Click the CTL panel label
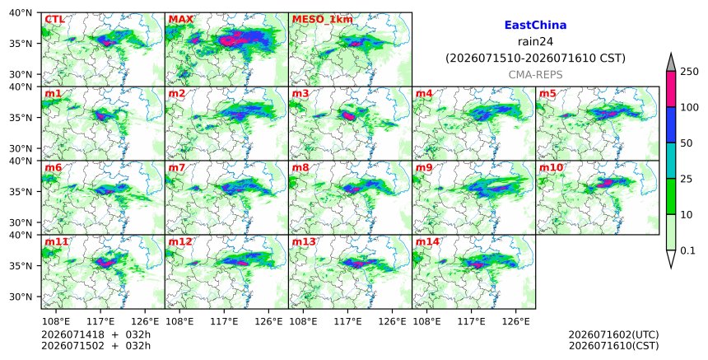(x=54, y=20)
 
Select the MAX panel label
(x=180, y=20)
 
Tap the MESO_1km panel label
(x=323, y=20)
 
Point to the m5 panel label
(x=547, y=93)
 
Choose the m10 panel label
(x=551, y=167)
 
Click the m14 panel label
(x=427, y=241)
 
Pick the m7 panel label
(x=176, y=167)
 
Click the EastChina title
(x=535, y=26)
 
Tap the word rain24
(x=535, y=42)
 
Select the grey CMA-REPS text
(x=535, y=75)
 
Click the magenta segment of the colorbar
(x=670, y=89)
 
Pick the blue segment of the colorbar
(x=670, y=125)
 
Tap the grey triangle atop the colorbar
(x=670, y=63)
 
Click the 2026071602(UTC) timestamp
(x=613, y=334)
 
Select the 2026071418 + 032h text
(x=95, y=334)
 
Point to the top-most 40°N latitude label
(x=21, y=12)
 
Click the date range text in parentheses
(x=535, y=58)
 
